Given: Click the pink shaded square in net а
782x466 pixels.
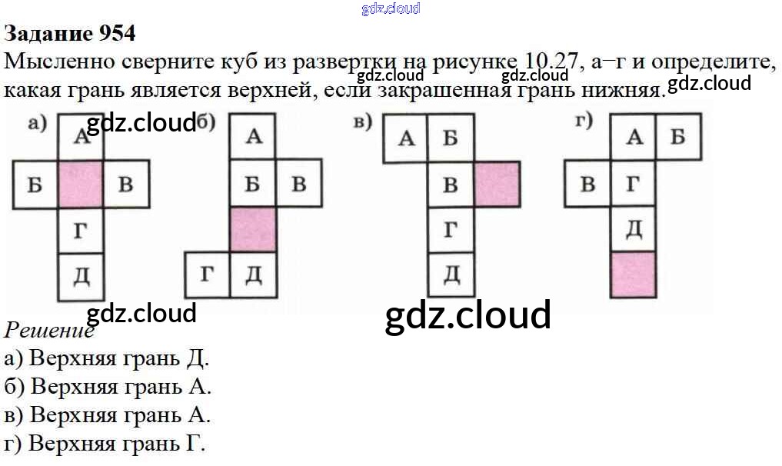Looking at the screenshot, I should [x=81, y=185].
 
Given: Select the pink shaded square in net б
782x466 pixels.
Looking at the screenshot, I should [x=253, y=229].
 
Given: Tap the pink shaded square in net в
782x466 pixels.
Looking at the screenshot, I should [x=497, y=185].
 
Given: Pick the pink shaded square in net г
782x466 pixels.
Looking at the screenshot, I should [x=634, y=275].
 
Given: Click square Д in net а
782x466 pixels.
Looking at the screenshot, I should [x=81, y=275].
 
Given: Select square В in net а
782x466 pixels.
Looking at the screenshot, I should [x=125, y=185].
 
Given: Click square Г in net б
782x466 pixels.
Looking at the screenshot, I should [x=208, y=275].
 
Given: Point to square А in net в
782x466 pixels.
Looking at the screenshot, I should [x=406, y=139].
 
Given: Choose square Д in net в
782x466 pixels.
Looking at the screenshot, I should [x=451, y=275].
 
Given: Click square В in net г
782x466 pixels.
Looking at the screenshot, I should [x=587, y=184].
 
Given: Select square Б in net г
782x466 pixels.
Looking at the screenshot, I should [x=678, y=138].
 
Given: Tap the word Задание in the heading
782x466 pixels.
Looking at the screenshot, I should [x=48, y=33].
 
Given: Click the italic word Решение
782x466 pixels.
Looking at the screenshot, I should [x=48, y=331].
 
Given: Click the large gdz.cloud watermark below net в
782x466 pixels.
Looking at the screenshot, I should [x=468, y=315].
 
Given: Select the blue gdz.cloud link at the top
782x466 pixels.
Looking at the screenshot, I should [x=391, y=8].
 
